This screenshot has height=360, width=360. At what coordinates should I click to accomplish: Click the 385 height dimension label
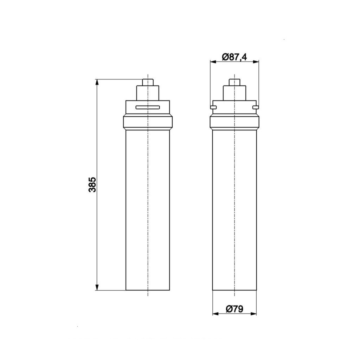point(92,184)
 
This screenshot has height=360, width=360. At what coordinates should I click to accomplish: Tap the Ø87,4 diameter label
point(234,57)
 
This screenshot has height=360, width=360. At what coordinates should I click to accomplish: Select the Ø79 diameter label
point(234,309)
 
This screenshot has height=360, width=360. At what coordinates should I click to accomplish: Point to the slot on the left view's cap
point(148,107)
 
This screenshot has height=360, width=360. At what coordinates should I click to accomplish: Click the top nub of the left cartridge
point(148,82)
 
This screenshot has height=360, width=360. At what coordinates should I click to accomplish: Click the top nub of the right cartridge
point(234,82)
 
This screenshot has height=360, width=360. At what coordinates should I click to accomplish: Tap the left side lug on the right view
point(213,107)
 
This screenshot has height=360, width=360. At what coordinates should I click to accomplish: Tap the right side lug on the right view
point(256,107)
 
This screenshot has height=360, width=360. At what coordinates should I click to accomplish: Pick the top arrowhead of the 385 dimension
point(97,83)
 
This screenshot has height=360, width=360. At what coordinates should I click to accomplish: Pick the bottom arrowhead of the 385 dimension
point(97,287)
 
